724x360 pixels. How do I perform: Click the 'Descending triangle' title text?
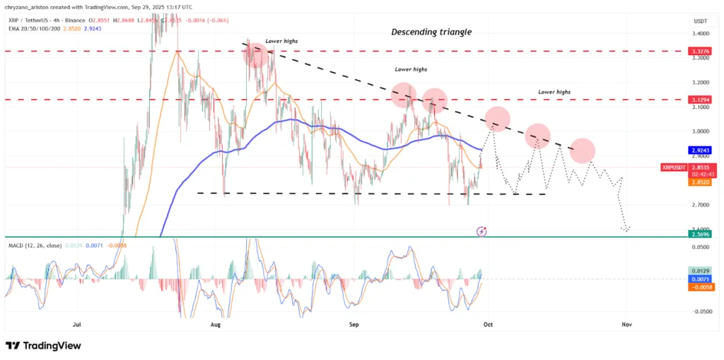click(431, 32)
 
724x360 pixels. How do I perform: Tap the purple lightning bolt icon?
click(481, 231)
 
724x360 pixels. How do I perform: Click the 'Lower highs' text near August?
click(281, 42)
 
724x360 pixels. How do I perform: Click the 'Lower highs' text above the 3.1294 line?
click(554, 92)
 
